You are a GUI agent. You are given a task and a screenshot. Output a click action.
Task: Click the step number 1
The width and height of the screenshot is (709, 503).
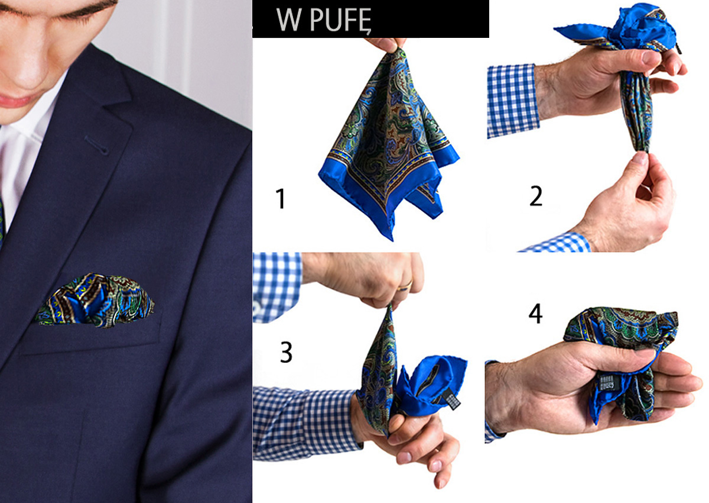coord(281,198)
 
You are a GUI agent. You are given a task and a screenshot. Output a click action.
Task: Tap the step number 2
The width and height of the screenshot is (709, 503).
coord(536,196)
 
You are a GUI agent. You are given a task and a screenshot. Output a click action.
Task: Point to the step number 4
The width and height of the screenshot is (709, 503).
coord(535,313)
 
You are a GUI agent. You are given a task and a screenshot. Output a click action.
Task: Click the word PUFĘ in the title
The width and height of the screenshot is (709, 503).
coord(340,20)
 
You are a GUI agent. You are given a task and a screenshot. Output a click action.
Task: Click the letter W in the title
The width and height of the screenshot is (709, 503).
coord(288,20)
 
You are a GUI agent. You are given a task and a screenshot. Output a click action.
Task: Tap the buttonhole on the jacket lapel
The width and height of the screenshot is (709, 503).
coord(97,146)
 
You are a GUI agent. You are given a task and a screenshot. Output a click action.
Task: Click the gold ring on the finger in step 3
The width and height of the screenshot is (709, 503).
coord(405,286)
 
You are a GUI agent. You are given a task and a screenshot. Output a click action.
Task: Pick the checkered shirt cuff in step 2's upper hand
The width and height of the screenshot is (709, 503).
coord(512,101)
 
